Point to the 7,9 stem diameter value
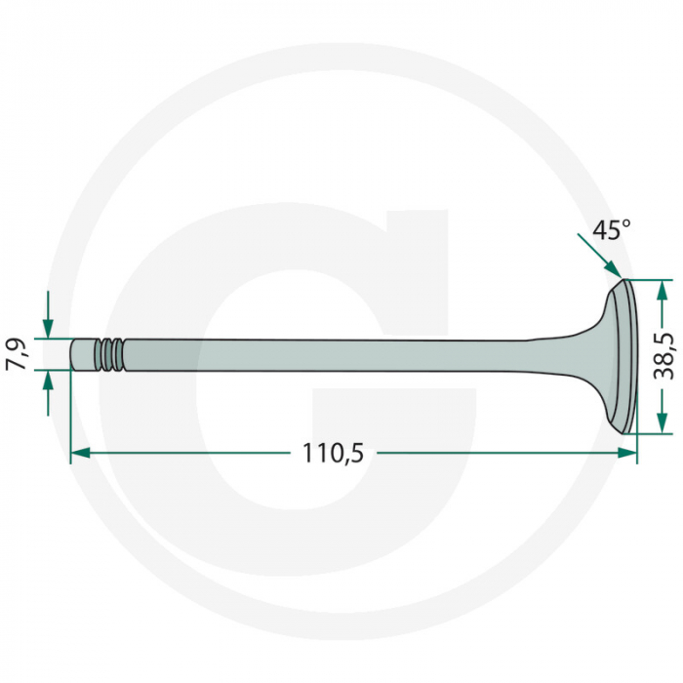17,353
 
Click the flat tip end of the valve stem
72,353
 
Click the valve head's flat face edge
630,355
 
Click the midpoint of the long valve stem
322,353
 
